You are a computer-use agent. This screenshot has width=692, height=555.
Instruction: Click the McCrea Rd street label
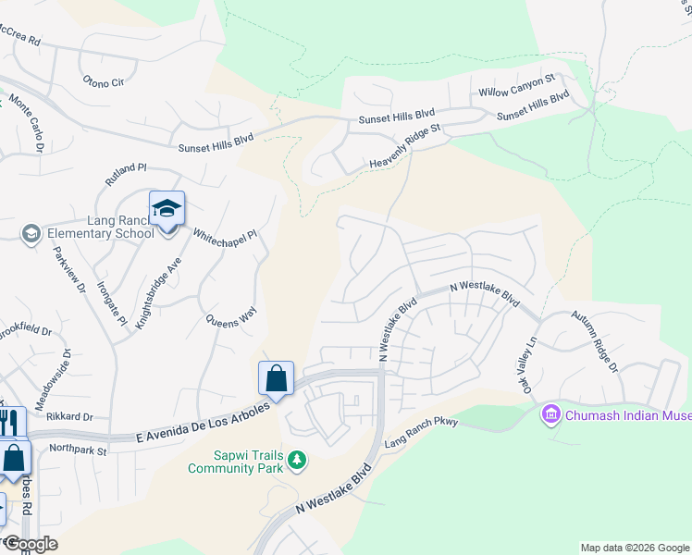coord(20,41)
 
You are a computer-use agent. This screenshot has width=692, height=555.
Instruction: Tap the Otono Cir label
coord(103,82)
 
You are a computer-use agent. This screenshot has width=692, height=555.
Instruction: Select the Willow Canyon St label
coord(516,92)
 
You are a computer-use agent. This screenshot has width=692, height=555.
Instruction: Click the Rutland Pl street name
coord(126,174)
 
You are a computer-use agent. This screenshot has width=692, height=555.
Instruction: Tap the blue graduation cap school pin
coord(167,209)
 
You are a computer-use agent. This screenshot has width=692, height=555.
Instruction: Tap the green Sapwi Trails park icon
coord(296,460)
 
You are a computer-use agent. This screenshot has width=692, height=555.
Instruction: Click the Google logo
coord(30,544)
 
